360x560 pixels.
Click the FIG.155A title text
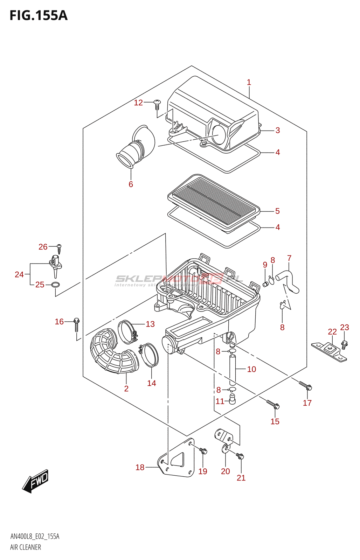(x=39, y=15)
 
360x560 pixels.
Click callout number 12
(x=138, y=103)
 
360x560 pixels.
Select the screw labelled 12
(x=157, y=104)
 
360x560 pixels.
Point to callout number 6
(x=131, y=184)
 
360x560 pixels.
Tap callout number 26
(x=43, y=247)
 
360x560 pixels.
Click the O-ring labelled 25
(x=55, y=285)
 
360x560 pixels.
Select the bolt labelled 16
(x=77, y=324)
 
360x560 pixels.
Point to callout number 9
(x=265, y=265)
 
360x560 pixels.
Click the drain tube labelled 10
(x=233, y=369)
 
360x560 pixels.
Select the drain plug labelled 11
(x=232, y=399)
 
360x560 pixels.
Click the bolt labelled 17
(x=305, y=386)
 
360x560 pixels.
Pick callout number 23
(x=345, y=327)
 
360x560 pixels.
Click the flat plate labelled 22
(x=329, y=351)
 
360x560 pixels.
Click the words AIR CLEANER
(x=26, y=547)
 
